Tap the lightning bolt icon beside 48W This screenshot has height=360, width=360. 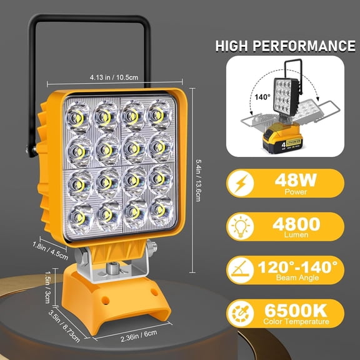(x=241, y=182)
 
